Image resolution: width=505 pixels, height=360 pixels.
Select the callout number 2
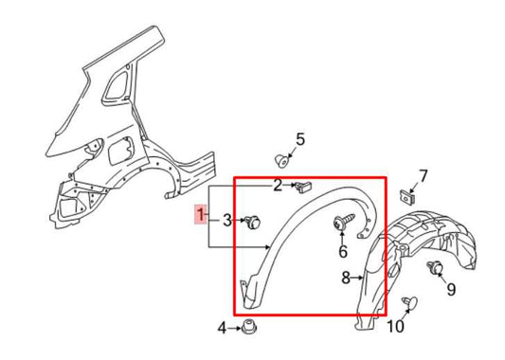pos(280,184)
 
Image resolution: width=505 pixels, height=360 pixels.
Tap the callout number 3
pos(227,221)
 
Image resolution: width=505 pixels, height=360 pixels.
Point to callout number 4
pos(222,328)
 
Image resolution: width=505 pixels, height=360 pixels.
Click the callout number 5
pos(299,140)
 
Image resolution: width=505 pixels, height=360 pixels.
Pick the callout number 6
pos(342,252)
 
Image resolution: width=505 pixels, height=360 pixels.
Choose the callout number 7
pos(423,175)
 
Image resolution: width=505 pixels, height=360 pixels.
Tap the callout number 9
pos(450,289)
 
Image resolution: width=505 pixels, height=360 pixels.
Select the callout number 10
pos(395,327)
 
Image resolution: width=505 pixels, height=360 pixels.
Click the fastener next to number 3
pos(253,223)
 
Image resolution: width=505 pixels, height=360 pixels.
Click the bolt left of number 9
pos(436,268)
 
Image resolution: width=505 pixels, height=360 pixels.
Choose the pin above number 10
pos(410,302)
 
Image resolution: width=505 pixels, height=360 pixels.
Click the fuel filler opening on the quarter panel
pos(122,151)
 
